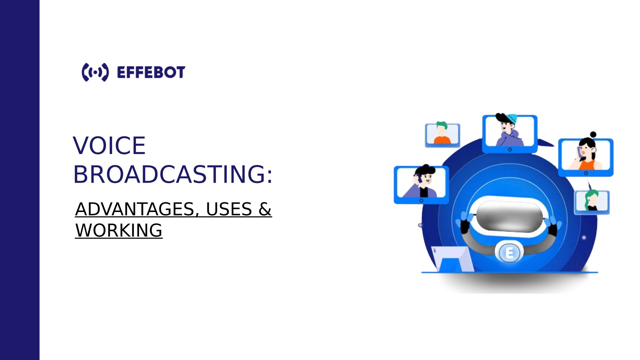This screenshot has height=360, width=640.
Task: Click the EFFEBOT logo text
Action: (151, 72)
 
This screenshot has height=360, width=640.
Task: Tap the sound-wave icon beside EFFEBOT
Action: (95, 72)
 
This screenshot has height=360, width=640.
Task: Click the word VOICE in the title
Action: (109, 146)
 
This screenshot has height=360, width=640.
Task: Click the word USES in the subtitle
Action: (229, 209)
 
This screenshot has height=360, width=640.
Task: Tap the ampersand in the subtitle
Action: (265, 209)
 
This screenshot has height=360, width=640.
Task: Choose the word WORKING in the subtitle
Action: (119, 230)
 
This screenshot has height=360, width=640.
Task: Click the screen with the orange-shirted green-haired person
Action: (442, 135)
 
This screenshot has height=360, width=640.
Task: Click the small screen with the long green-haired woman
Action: (592, 202)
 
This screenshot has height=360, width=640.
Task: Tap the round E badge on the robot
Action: (509, 253)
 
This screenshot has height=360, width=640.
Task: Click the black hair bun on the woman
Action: (593, 135)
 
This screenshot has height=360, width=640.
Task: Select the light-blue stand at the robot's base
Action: (452, 259)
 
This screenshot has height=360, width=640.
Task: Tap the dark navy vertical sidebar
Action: (20, 180)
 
